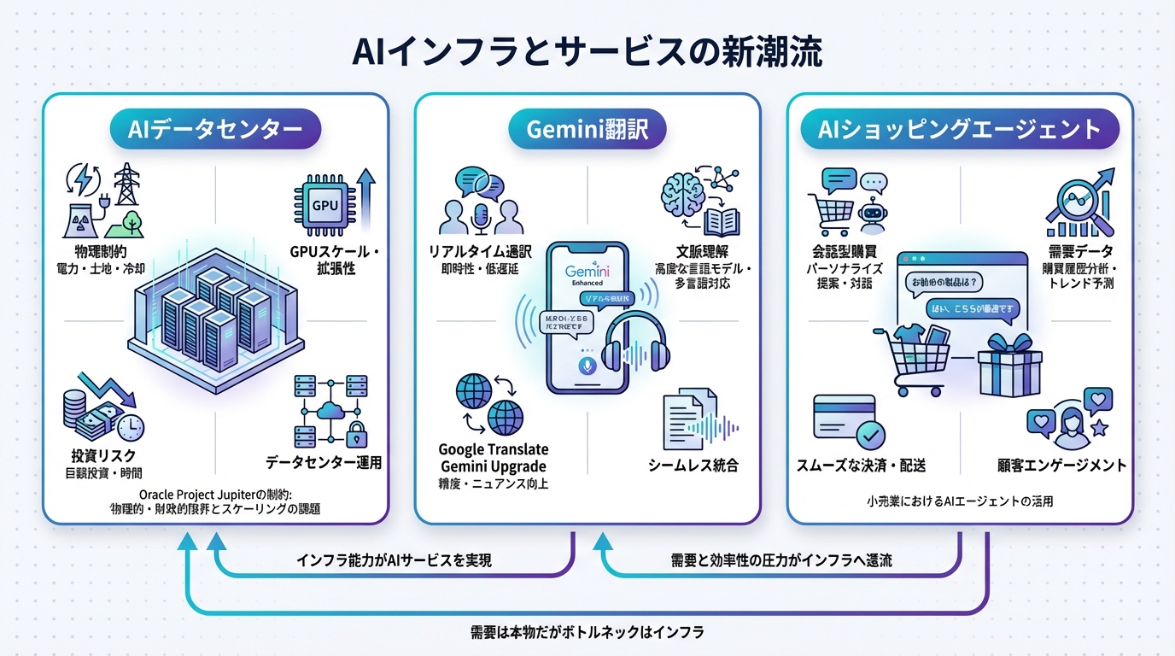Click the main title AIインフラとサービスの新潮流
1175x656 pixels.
click(x=587, y=52)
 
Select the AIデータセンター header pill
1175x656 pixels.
click(x=214, y=130)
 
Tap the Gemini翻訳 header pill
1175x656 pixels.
click(x=587, y=130)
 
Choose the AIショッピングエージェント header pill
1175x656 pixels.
click(x=959, y=130)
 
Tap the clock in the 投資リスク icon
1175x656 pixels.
click(x=131, y=426)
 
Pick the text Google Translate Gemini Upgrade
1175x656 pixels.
click(x=494, y=458)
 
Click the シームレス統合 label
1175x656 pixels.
click(x=693, y=466)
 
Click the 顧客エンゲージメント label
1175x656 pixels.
click(x=1061, y=466)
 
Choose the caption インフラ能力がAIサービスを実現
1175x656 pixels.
click(x=394, y=561)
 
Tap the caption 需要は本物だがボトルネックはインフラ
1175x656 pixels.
click(x=588, y=633)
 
